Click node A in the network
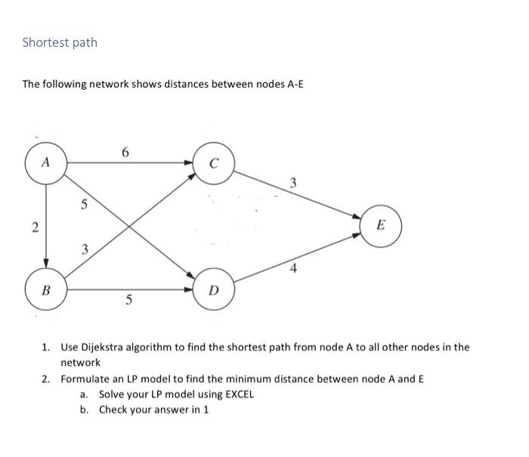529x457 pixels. point(46,162)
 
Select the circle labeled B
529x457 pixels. point(46,289)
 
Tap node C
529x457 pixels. point(215,162)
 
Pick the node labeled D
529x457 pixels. point(215,289)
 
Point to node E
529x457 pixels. point(380,225)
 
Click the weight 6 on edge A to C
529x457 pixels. point(126,153)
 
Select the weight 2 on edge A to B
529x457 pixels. point(32,227)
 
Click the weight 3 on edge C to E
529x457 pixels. point(293,182)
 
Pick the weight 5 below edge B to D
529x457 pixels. point(129,301)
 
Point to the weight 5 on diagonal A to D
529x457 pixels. point(85,203)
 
